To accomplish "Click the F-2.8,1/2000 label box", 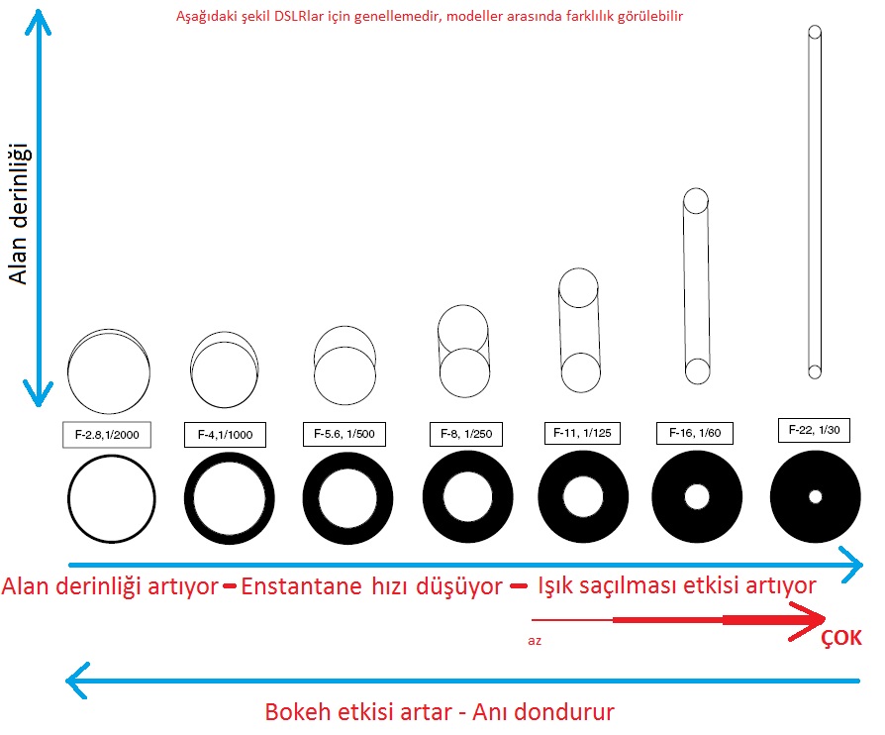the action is pos(107,435).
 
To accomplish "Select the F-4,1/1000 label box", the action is pos(225,435).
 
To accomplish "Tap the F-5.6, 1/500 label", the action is pos(344,434).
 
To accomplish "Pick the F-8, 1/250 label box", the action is pos(466,434).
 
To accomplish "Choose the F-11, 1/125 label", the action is pos(582,433).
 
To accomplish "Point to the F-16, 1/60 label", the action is pos(695,433).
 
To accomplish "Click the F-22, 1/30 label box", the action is pos(814,430).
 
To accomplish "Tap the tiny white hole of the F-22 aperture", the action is pos(815,496).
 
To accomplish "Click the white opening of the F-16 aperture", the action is pos(697,496).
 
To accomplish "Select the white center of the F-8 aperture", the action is pos(467,496).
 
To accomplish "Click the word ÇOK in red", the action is pos(841,638).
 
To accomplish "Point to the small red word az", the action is pos(535,641).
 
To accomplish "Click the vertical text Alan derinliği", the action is pos(18,214).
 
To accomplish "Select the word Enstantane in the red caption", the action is pos(301,586).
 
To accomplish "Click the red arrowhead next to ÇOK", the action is pos(807,621).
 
